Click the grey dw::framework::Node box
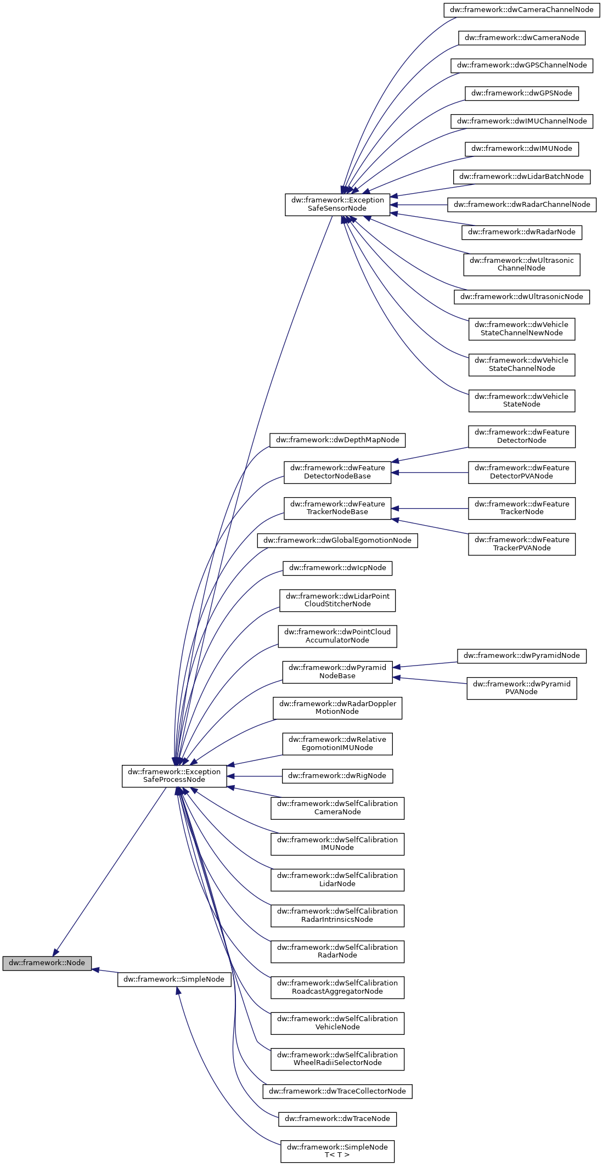coord(47,962)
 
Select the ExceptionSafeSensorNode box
coord(337,204)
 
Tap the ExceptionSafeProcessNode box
coord(174,775)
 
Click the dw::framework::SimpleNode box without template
coord(174,979)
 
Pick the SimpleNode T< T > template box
coord(337,1151)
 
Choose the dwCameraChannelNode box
coord(521,9)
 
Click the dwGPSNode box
coord(521,93)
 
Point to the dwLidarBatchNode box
coord(521,176)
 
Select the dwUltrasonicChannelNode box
coord(521,264)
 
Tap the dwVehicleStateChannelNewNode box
coord(521,329)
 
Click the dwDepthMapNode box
coord(337,440)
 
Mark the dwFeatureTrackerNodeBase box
coord(337,508)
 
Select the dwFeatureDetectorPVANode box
coord(521,472)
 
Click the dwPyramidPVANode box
coord(521,688)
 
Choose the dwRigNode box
coord(337,775)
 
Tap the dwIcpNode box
coord(337,567)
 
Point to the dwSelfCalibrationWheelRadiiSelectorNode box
coord(337,1058)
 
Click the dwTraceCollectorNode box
coord(337,1091)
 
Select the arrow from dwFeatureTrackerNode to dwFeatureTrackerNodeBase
coord(431,509)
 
